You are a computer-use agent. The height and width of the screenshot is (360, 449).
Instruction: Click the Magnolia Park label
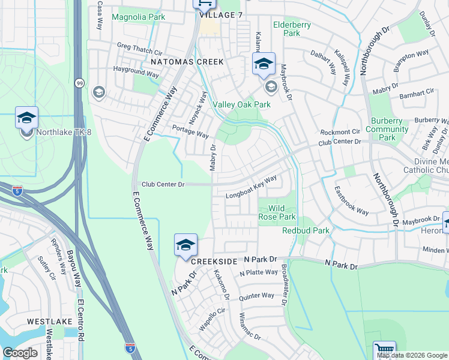[138, 17]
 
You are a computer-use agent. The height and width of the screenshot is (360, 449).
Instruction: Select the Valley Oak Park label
[242, 104]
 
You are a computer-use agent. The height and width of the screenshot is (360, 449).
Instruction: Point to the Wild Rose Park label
[277, 212]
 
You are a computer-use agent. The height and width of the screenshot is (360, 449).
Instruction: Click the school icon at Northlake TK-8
[26, 118]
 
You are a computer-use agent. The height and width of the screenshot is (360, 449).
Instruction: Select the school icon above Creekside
[186, 245]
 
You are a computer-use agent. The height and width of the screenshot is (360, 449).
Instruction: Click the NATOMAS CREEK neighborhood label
[187, 62]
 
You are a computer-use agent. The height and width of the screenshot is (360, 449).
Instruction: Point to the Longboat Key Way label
[251, 187]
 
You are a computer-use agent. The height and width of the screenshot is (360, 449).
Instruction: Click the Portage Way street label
[190, 131]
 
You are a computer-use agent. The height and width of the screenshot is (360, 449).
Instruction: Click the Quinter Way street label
[256, 295]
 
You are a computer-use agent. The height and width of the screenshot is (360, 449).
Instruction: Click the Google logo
[20, 353]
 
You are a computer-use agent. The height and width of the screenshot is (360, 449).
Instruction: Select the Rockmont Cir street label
[340, 132]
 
